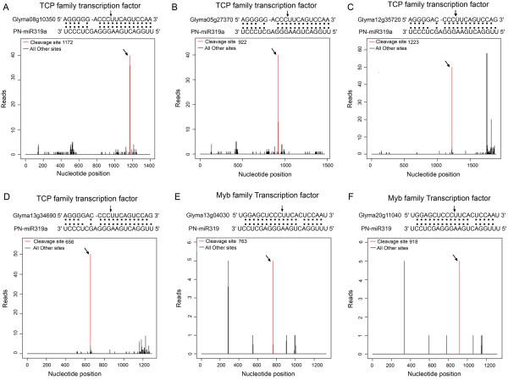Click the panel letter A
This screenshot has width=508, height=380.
click(6, 5)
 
